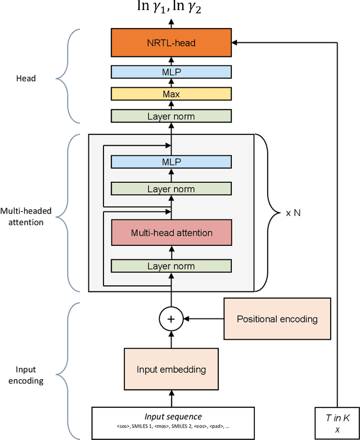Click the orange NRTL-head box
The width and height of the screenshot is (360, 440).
pyautogui.click(x=171, y=42)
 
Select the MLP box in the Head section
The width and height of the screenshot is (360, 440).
pyautogui.click(x=171, y=72)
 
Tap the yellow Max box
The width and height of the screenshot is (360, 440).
pyautogui.click(x=171, y=94)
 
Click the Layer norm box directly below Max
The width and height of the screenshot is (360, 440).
pyautogui.click(x=171, y=116)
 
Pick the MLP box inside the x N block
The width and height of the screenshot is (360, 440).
pyautogui.click(x=171, y=162)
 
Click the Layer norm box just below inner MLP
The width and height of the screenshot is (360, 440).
pyautogui.click(x=171, y=189)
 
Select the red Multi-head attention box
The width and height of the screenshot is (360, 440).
pyautogui.click(x=171, y=232)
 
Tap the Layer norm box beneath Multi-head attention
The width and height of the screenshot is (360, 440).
pyautogui.click(x=171, y=266)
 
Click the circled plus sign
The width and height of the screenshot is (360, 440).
pyautogui.click(x=172, y=319)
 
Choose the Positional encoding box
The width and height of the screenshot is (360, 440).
pyautogui.click(x=277, y=319)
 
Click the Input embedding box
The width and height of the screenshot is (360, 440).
pyautogui.click(x=171, y=370)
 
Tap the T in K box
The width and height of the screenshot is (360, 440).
pyautogui.click(x=336, y=421)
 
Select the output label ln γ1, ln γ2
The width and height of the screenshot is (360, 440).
pyautogui.click(x=171, y=8)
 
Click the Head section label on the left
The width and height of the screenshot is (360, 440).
pyautogui.click(x=25, y=78)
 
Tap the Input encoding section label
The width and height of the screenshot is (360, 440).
pyautogui.click(x=25, y=375)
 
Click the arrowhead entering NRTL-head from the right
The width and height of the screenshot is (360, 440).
pyautogui.click(x=235, y=42)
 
